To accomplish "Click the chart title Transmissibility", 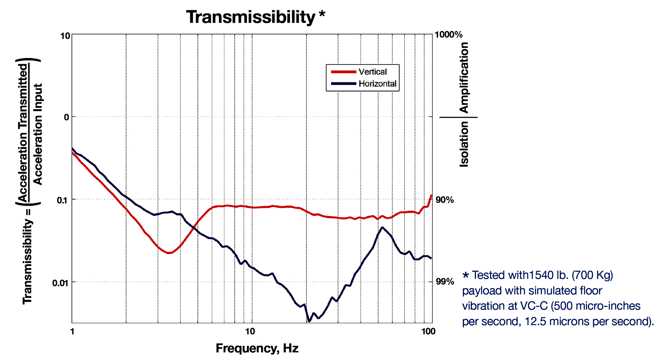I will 251,17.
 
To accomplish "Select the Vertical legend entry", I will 373,72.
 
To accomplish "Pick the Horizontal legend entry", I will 377,84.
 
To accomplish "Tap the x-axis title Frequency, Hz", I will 257,348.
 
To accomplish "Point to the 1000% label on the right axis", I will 448,35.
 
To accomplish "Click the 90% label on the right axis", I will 444,200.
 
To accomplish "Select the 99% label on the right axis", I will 444,282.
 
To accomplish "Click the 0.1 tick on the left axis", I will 63,200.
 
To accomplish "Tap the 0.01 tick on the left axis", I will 61,283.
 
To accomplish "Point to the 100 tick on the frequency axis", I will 428,332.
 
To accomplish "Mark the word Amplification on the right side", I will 464,78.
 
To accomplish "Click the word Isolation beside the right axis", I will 464,144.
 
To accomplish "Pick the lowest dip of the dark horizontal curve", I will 309,322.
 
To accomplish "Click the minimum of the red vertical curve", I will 168,253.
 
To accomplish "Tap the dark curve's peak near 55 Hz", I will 382,227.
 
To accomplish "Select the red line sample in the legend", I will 343,72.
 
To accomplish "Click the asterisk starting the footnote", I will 466,275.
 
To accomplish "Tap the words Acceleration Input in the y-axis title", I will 37,134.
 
